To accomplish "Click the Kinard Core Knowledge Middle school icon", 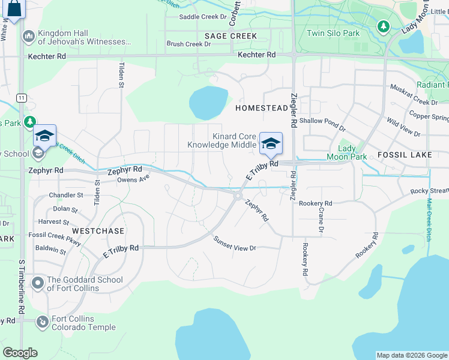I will point(271,143).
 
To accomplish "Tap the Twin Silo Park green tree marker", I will point(383,26).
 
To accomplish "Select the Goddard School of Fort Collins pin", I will point(38,283).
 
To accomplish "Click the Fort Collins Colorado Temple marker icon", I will point(42,322).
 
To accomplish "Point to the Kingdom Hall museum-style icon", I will point(28,37).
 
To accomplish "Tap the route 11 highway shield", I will point(22,97).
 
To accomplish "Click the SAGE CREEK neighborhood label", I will point(231,36).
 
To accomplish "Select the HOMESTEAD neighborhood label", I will point(262,108).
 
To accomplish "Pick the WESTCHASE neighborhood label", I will point(98,231).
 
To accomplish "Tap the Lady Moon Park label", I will point(346,152).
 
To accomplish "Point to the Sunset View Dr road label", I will point(235,244).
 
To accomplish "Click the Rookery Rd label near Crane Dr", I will point(315,204).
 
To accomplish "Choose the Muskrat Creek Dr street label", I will point(413,98).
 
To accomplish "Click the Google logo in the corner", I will point(20,353).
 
